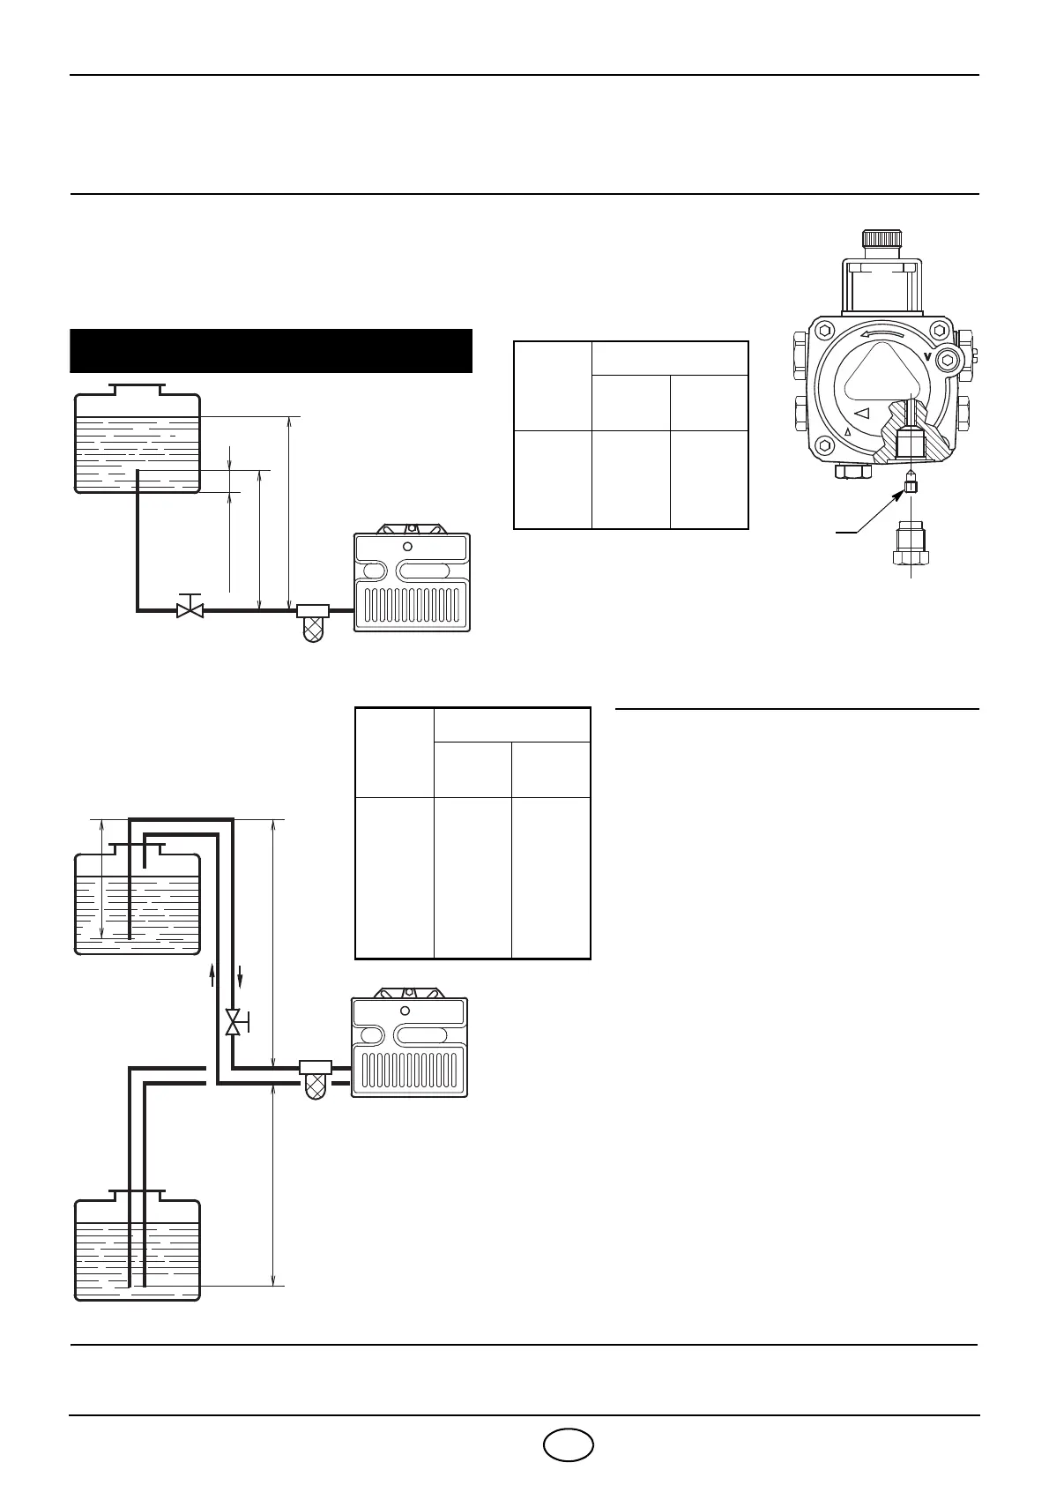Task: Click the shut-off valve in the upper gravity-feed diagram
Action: pos(190,608)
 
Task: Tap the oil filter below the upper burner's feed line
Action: pos(313,623)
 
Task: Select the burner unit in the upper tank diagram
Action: pos(412,582)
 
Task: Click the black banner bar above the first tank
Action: pos(272,351)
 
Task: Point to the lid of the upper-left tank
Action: pos(137,389)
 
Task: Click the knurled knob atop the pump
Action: pos(882,238)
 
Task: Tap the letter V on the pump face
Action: pos(928,356)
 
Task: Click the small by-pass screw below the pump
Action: pos(911,485)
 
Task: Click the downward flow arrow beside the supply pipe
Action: pos(240,977)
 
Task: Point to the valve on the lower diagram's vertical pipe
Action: pos(234,1022)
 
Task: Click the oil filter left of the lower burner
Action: pos(315,1078)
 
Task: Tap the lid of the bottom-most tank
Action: pos(137,1195)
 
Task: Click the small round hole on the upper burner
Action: pos(407,547)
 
